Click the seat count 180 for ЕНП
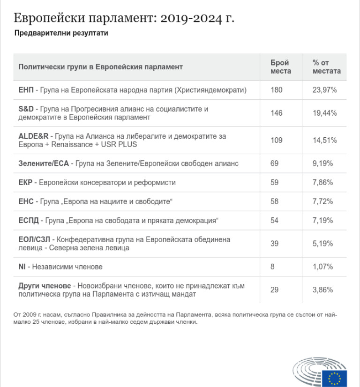point(277,90)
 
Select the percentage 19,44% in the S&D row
point(325,113)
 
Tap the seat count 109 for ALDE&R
point(277,140)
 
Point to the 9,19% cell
point(323,164)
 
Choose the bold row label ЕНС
point(26,201)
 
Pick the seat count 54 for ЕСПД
point(275,220)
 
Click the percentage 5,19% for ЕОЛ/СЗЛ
point(323,244)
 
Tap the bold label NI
point(22,267)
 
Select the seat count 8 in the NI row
point(273,267)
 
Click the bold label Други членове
point(45,286)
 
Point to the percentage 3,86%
point(323,290)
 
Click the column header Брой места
point(280,67)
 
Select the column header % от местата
point(326,67)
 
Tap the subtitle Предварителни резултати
point(61,33)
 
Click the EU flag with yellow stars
point(335,378)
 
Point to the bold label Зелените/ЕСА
point(44,164)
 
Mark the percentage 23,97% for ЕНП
point(325,90)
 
